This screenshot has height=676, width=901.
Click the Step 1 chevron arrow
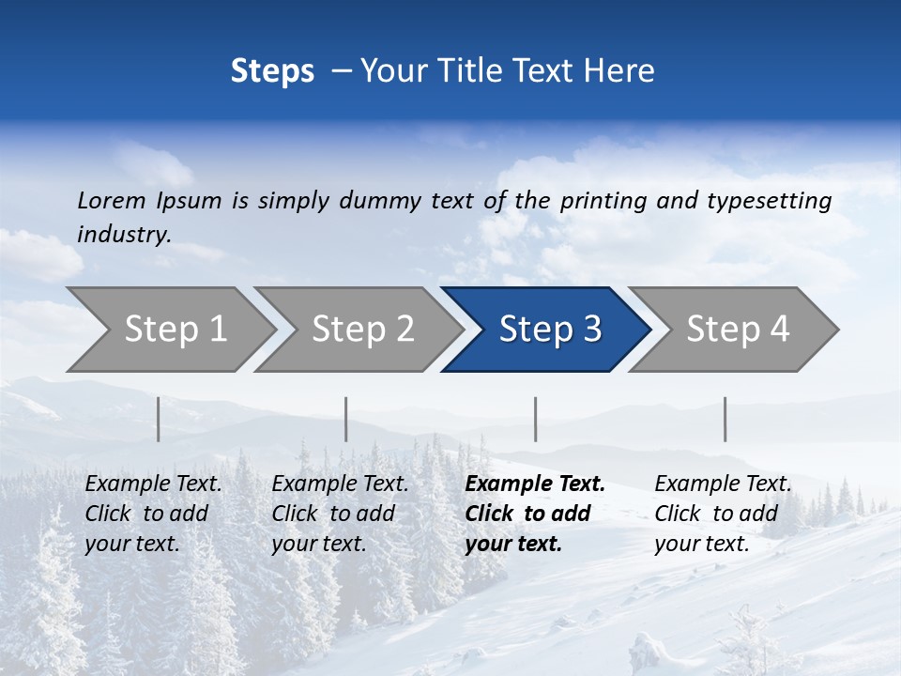[175, 330]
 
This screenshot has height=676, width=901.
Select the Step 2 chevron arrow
[362, 330]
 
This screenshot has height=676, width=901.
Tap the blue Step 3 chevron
[550, 330]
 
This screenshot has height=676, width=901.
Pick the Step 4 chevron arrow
[738, 330]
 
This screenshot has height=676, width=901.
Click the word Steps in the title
[272, 71]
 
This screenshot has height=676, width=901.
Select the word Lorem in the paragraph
[112, 200]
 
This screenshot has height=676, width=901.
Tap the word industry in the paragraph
[124, 235]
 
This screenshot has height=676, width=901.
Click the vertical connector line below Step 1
[159, 419]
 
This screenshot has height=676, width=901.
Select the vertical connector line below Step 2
[346, 419]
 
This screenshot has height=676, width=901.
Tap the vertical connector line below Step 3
[536, 419]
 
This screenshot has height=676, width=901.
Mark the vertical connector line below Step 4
[725, 419]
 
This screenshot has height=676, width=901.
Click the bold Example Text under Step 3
[535, 484]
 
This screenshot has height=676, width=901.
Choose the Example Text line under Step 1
[153, 484]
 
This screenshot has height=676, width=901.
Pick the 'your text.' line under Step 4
[701, 545]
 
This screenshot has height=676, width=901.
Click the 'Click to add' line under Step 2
[333, 515]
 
